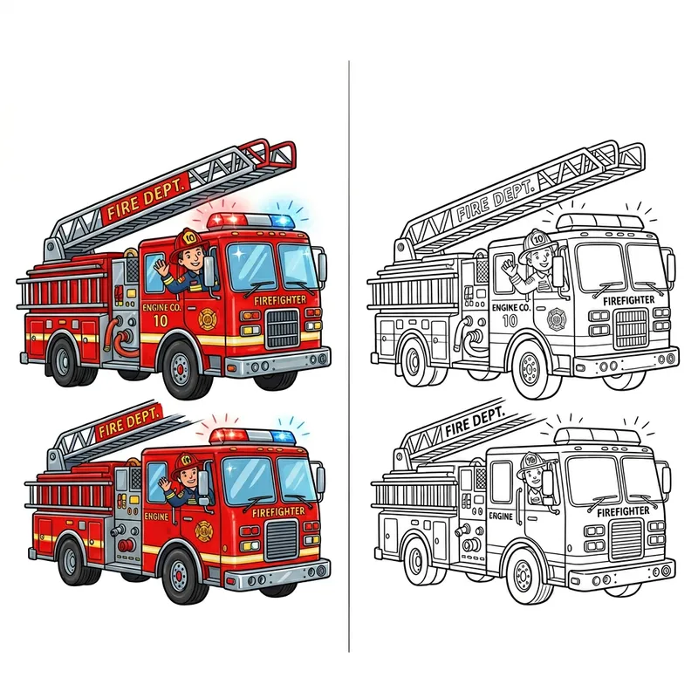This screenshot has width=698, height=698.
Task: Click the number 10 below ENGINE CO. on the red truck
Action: (159, 320)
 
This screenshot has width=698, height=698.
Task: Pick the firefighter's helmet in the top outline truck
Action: (536, 238)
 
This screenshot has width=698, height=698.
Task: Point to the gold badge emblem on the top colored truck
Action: (208, 317)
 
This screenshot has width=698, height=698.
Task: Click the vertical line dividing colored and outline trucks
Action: (349, 349)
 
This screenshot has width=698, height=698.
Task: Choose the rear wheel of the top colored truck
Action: (68, 359)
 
